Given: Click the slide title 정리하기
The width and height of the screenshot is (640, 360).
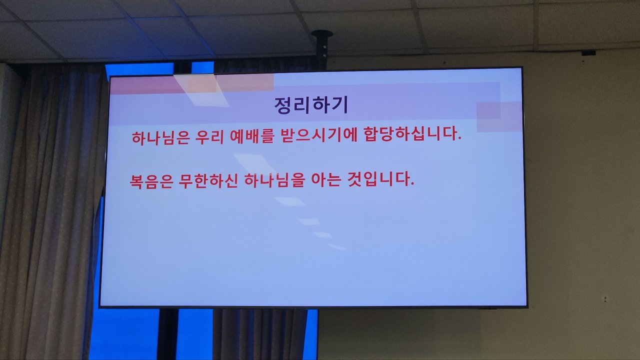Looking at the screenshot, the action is [311, 105].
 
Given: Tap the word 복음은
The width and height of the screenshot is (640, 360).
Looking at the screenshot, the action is [151, 181].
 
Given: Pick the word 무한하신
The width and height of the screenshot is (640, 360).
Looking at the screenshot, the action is [208, 181].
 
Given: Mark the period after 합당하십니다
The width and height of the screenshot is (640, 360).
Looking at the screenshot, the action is [459, 139].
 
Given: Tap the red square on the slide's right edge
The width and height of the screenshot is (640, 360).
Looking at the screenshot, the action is [499, 116].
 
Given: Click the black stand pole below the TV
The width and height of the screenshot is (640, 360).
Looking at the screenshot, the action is [167, 334].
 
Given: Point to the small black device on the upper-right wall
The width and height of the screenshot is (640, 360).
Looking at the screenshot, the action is [588, 53].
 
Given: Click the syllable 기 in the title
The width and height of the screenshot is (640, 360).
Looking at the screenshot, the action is [341, 105].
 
